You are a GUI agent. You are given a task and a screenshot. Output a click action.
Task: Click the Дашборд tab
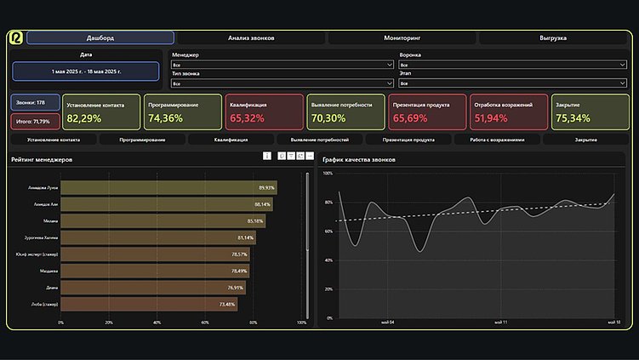tap(100, 38)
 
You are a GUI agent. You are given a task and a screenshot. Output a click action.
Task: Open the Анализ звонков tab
tap(251, 38)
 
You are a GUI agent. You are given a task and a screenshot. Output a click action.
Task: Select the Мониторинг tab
tap(402, 38)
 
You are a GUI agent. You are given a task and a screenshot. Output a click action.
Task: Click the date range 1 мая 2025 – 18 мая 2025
tap(85, 71)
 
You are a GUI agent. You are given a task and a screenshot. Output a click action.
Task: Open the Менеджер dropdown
tap(282, 65)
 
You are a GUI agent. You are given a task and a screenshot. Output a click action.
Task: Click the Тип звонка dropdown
tap(282, 84)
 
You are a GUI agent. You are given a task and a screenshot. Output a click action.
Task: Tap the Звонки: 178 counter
tap(35, 102)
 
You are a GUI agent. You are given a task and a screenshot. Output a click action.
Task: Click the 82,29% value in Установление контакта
tap(84, 118)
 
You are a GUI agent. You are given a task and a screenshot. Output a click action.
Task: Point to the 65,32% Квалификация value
tap(247, 118)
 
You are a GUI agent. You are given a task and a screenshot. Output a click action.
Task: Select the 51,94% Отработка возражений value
tap(492, 118)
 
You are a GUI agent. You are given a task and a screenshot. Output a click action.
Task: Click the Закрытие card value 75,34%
tap(573, 118)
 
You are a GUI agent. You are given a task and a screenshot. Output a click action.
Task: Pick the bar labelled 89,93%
tap(168, 187)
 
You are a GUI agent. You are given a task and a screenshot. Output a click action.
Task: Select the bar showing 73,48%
tap(149, 304)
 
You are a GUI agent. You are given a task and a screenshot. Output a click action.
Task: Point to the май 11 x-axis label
tap(499, 323)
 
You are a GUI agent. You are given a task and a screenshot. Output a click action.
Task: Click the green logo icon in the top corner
tap(16, 38)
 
